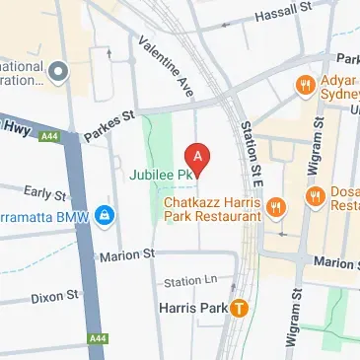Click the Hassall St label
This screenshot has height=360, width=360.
[282, 14]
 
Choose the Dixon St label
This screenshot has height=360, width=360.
[54, 295]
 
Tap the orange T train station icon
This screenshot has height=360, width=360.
[239, 308]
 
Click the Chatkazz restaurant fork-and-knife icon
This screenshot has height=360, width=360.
[278, 206]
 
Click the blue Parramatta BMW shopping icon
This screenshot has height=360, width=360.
[104, 213]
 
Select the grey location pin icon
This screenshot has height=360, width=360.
[58, 72]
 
